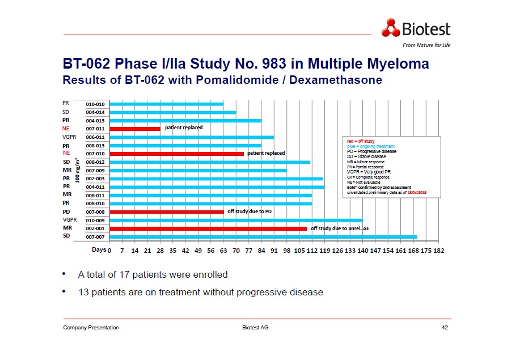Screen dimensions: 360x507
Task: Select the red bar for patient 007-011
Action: [135, 129]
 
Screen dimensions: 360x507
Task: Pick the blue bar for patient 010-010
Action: [166, 104]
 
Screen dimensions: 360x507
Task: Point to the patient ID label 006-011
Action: [95, 137]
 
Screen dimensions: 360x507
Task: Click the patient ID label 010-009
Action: [95, 220]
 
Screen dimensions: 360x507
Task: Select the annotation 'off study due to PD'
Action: [250, 211]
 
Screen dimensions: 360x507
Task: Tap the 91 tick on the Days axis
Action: [274, 249]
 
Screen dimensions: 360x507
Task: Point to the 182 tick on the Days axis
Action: [438, 249]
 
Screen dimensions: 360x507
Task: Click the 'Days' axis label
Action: [99, 249]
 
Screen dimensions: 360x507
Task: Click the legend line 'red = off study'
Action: [360, 141]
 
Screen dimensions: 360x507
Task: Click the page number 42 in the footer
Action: [444, 328]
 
